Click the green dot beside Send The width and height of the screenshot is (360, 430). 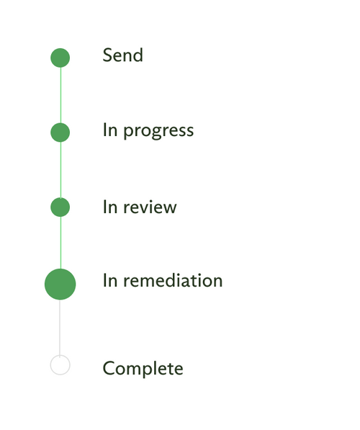(x=60, y=58)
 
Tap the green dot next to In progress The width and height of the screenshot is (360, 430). (x=60, y=133)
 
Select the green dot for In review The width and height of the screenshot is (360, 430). (x=60, y=207)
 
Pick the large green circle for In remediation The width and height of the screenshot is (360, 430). (x=60, y=284)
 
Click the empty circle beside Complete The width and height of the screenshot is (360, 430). (x=60, y=365)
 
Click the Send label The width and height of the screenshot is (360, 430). (x=123, y=55)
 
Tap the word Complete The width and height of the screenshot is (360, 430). (x=143, y=369)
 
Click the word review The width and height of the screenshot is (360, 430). (x=150, y=207)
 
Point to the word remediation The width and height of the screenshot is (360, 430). (x=173, y=280)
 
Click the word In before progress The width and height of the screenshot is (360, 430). (x=110, y=130)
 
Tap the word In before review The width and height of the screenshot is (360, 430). (x=110, y=207)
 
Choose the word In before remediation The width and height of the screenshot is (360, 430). (x=110, y=280)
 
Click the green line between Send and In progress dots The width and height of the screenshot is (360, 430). (x=60, y=95)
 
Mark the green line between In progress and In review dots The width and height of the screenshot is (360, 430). (x=60, y=170)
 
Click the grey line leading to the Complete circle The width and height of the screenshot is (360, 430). (x=60, y=328)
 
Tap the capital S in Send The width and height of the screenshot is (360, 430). (x=107, y=55)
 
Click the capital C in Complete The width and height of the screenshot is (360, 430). (x=109, y=369)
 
